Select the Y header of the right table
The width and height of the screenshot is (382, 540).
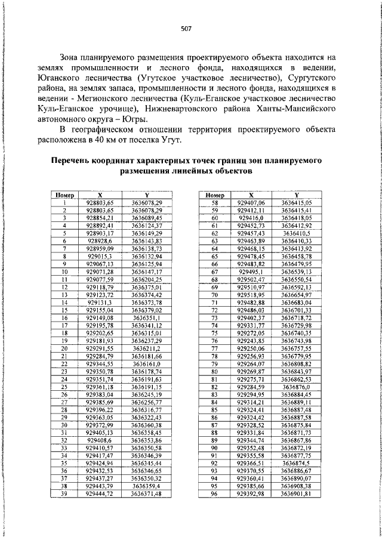(x=297, y=195)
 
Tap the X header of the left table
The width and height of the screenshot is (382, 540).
(x=100, y=195)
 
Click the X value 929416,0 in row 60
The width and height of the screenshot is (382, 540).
(x=251, y=218)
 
